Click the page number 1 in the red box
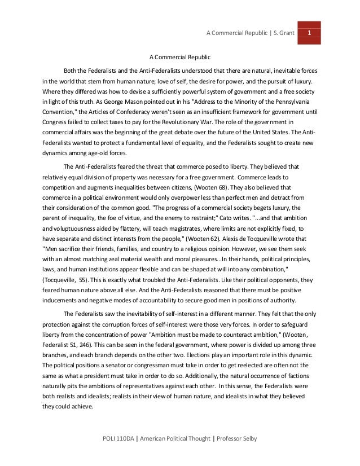point(309,32)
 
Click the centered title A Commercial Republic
point(179,57)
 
